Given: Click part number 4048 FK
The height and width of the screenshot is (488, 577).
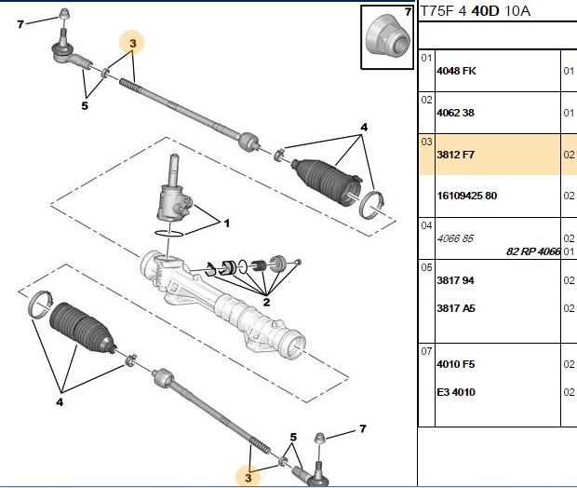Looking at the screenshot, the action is [456, 71].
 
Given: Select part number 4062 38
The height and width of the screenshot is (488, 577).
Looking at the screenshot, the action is [456, 113].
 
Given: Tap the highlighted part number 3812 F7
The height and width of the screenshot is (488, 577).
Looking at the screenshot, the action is [456, 155].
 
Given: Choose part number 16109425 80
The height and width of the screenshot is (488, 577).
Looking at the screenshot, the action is [467, 196].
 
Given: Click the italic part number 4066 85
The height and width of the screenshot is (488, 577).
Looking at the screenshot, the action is [455, 238].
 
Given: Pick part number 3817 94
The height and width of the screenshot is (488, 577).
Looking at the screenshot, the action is [456, 280].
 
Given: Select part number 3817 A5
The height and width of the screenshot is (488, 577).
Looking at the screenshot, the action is [456, 308].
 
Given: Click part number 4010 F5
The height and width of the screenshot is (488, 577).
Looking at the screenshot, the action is [456, 364].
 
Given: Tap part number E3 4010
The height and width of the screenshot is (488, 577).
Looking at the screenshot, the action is [456, 392].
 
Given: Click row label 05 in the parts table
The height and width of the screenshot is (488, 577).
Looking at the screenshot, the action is [426, 267].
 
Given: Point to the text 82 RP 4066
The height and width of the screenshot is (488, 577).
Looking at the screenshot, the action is [533, 251].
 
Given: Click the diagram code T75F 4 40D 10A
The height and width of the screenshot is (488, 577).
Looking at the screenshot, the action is [476, 11].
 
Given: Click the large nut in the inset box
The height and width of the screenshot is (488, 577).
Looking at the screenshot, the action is [388, 37].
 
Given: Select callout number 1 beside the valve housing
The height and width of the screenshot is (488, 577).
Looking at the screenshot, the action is [227, 223].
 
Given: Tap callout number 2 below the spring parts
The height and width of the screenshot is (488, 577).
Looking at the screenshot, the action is [266, 303].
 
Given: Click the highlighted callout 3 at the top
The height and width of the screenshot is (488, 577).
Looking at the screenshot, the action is [133, 44].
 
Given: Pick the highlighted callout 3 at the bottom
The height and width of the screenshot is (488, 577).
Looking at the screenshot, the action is [248, 478].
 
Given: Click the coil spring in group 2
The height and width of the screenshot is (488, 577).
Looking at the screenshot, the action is [259, 265].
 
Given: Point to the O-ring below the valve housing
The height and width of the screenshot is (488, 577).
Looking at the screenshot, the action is [168, 234].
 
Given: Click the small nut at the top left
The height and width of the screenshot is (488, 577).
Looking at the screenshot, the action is [65, 14].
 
